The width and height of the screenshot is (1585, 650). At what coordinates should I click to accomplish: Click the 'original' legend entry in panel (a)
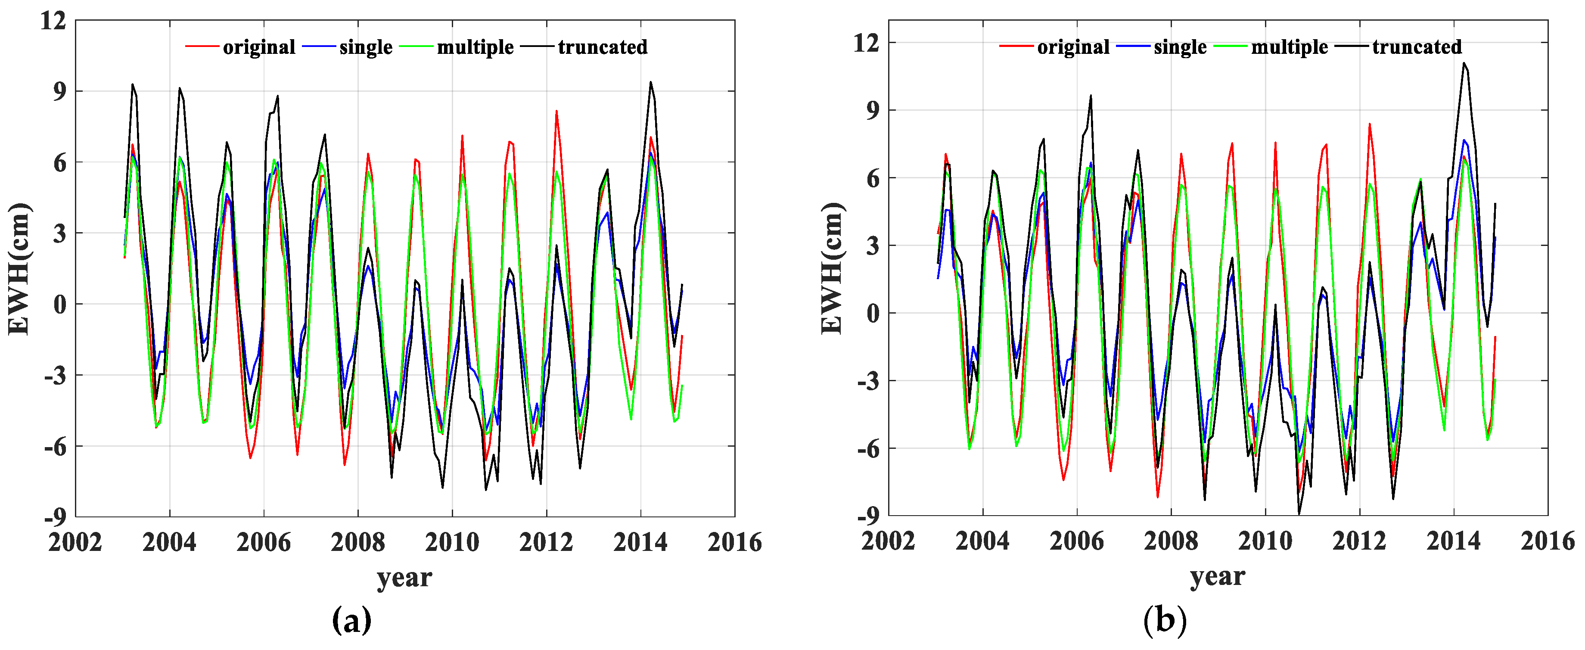[258, 47]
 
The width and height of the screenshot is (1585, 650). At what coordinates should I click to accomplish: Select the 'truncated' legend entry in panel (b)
[1417, 47]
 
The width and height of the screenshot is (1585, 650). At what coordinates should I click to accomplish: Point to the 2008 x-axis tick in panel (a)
[357, 542]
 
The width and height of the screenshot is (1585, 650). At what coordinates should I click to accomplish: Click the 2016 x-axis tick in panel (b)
[1547, 541]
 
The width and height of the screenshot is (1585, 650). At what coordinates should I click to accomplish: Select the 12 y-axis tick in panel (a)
[53, 21]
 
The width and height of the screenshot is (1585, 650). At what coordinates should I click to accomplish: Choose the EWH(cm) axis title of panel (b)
[833, 269]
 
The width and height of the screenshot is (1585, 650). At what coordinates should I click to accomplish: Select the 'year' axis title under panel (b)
[1217, 577]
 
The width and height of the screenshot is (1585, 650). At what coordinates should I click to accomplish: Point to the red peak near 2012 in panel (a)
[556, 112]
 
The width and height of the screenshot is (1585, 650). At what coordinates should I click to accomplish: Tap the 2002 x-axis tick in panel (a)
[75, 542]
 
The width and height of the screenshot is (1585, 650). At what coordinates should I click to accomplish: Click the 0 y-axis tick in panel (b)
[873, 314]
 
